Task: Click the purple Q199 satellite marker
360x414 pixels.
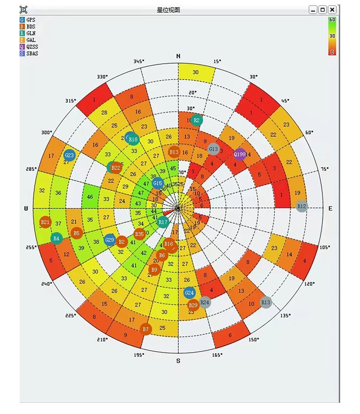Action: click(240, 154)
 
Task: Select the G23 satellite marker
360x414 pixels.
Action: click(70, 155)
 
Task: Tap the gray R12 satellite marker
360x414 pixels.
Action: click(302, 206)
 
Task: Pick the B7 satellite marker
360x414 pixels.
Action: click(146, 329)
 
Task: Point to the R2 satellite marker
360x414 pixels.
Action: click(196, 120)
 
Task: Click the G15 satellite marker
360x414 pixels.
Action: click(158, 184)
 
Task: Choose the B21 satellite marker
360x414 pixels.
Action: click(46, 222)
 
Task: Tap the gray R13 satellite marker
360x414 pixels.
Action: click(266, 302)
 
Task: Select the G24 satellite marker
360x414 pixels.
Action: click(190, 293)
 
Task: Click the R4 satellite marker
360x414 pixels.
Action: click(56, 239)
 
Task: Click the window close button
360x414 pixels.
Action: click(332, 10)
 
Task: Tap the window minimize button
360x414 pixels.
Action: click(313, 10)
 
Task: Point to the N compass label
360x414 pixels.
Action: click(178, 56)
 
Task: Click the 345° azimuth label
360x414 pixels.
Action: click(139, 62)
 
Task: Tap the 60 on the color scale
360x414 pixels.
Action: click(332, 19)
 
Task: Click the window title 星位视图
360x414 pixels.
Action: click(168, 10)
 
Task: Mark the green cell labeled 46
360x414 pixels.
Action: click(90, 197)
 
